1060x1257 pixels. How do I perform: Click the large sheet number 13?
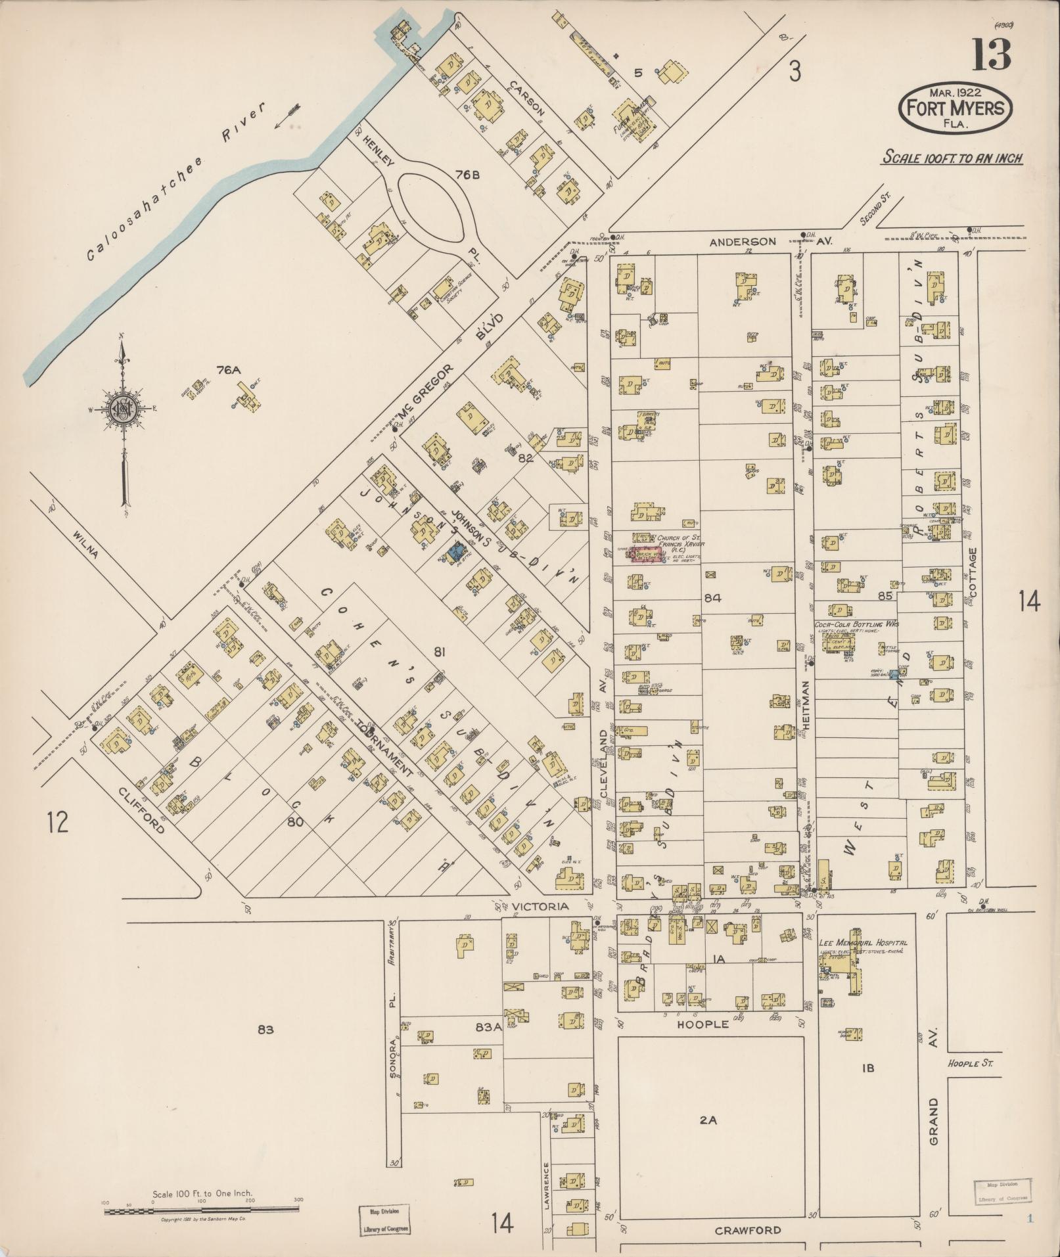coord(992,54)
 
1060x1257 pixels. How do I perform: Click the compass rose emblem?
coord(123,412)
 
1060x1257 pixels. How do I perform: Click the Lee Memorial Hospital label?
coord(862,943)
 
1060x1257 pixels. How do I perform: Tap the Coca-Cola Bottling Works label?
coord(856,624)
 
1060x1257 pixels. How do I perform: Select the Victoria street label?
coord(540,907)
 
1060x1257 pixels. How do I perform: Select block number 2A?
coord(708,1120)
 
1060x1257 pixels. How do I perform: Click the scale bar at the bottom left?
coord(202,1209)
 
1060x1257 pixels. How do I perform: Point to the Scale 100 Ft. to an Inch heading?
coord(952,158)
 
